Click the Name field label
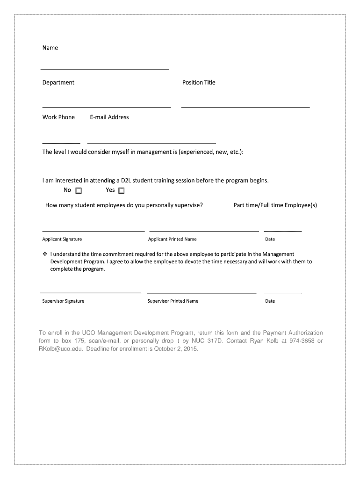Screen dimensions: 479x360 50,48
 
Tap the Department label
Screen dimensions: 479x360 58,82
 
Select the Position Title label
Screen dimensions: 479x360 199,82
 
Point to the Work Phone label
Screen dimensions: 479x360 58,117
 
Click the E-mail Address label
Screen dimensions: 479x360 109,117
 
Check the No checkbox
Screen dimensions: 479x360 79,190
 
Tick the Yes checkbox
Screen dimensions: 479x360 122,190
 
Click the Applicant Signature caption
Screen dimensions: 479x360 62,239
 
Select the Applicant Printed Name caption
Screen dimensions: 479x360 172,239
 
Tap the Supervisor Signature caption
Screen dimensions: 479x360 63,301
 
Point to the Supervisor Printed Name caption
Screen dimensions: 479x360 173,301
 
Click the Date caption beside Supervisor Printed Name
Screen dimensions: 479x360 270,301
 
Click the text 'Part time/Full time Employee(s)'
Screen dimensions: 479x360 275,205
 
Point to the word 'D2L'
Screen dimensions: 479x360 127,180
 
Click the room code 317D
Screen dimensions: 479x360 214,341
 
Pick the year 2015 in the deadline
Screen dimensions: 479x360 191,349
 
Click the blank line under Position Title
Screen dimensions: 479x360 245,107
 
